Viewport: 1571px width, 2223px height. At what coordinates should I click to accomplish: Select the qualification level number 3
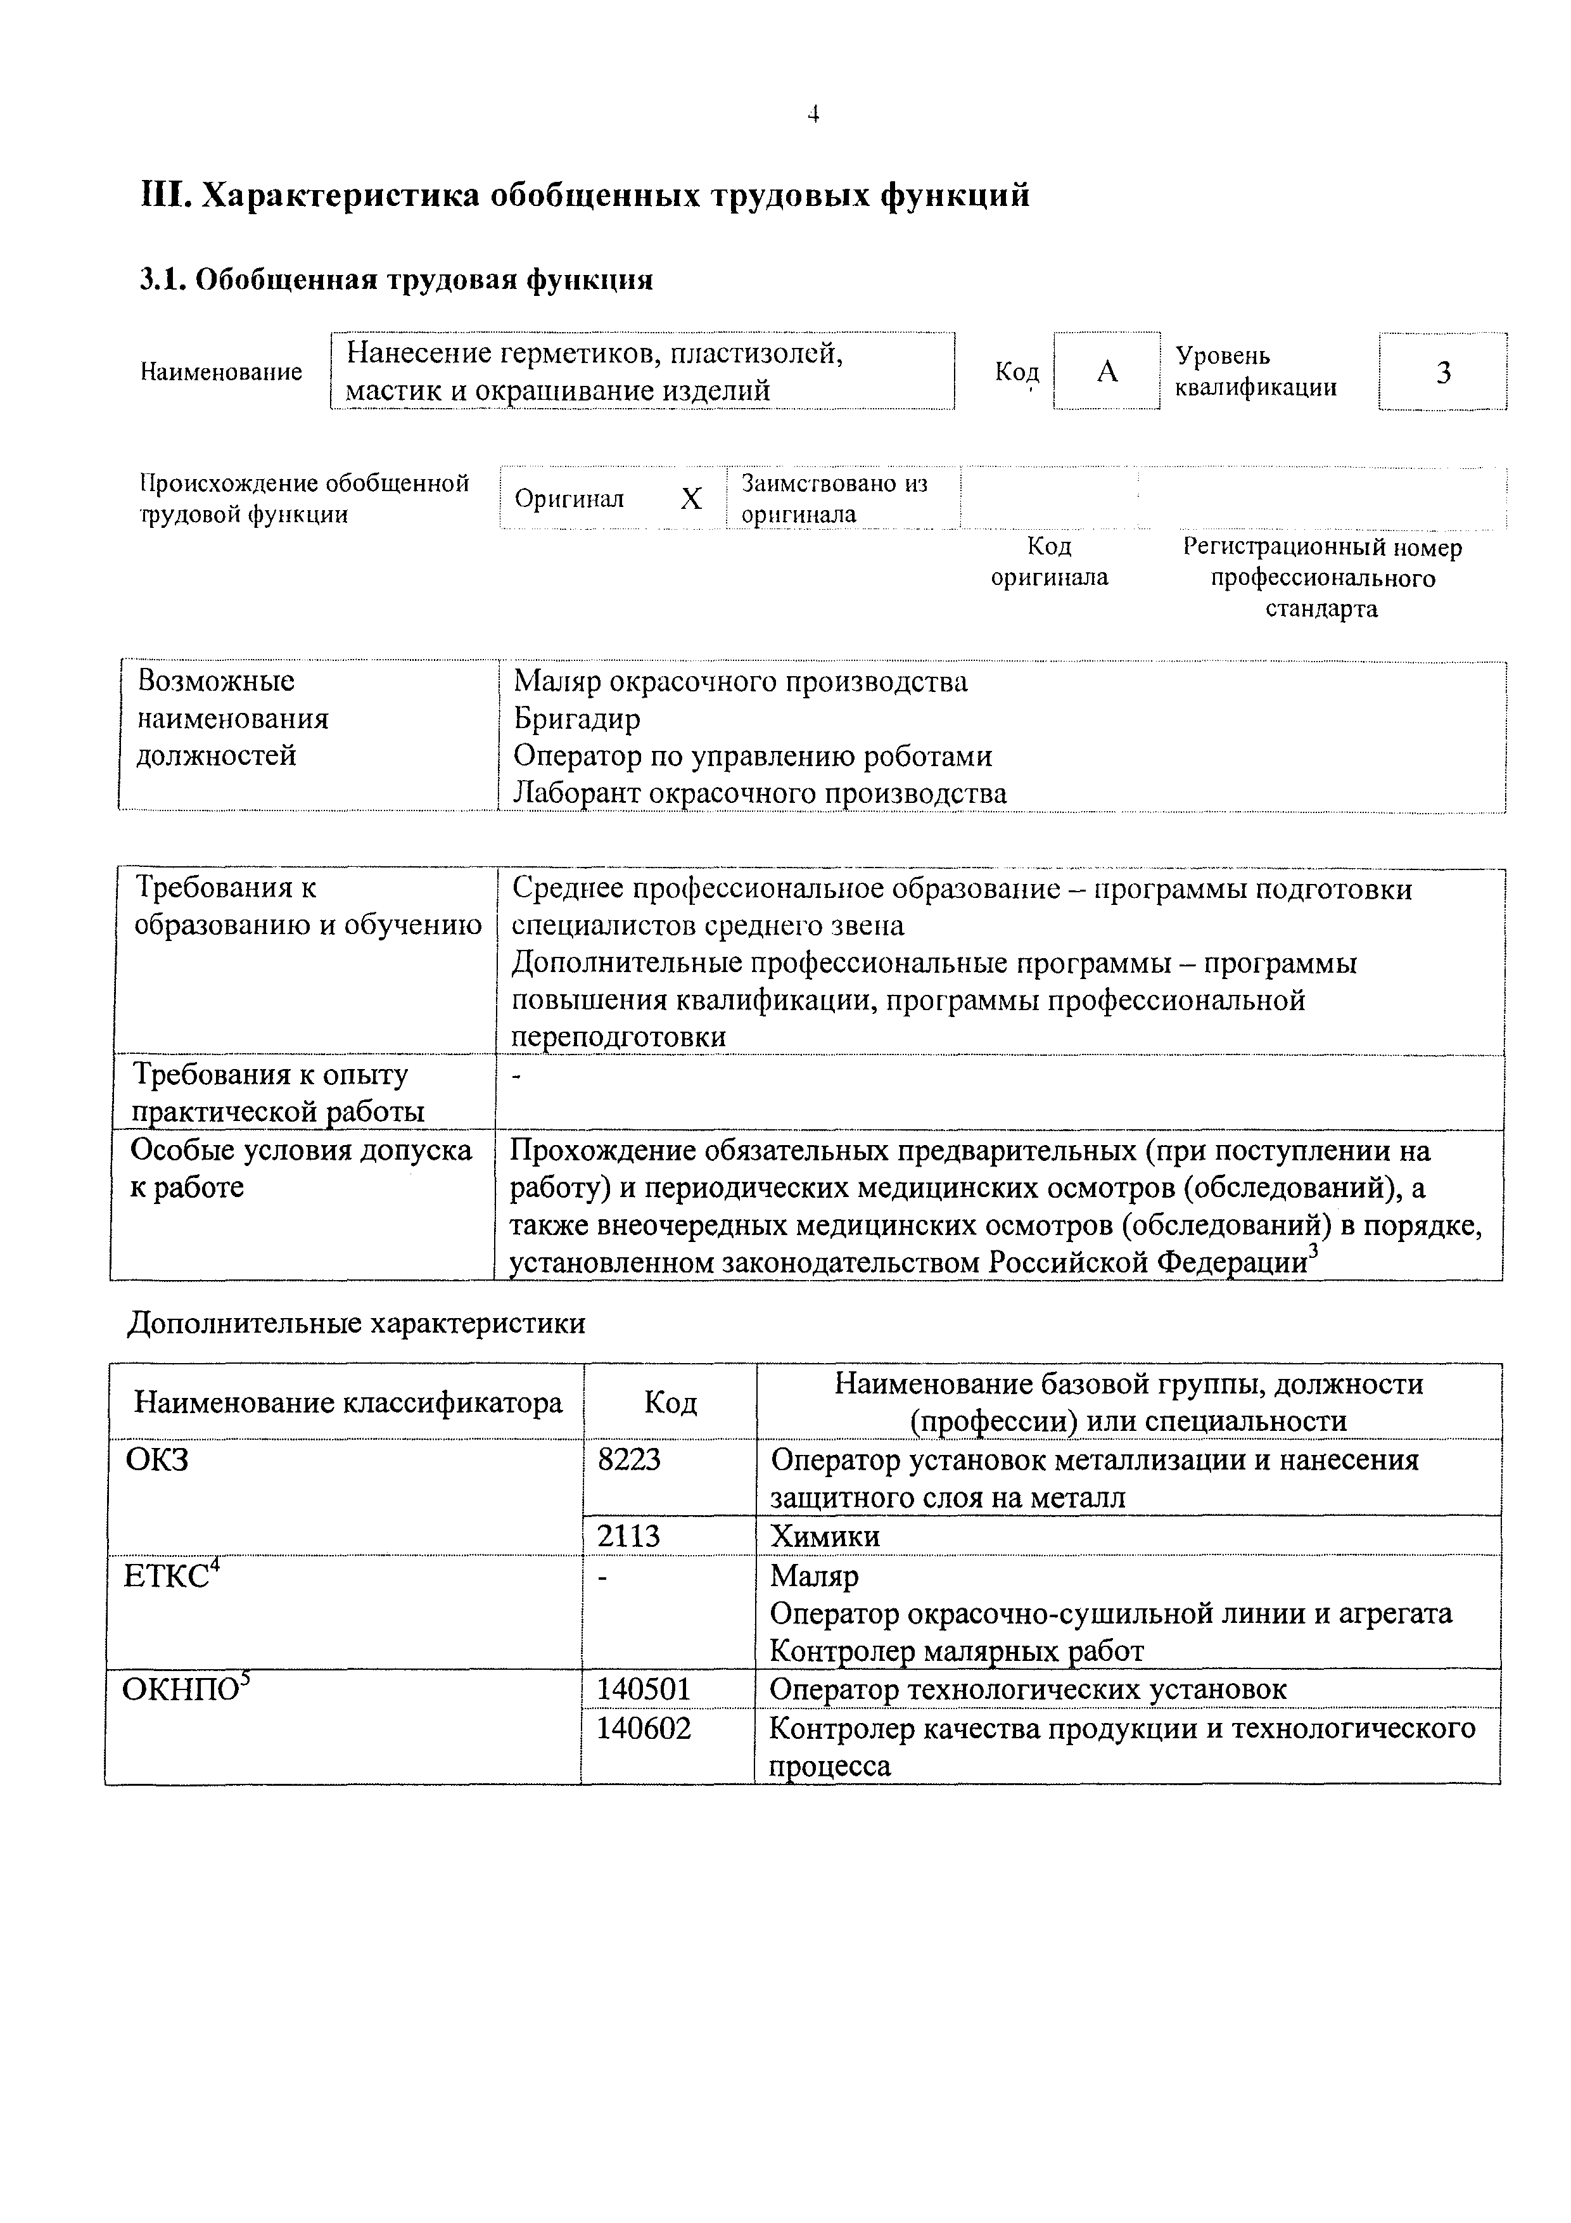(1443, 373)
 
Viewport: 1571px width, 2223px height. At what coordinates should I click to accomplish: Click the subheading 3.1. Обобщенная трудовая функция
(396, 281)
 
